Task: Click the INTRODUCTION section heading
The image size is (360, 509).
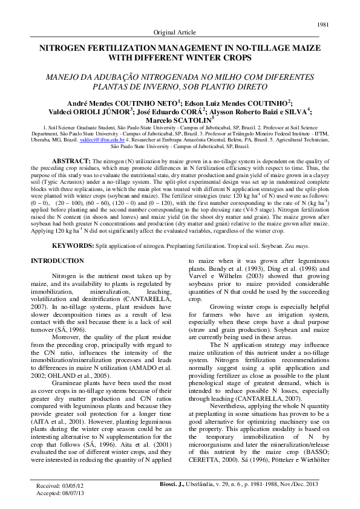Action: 57,261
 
